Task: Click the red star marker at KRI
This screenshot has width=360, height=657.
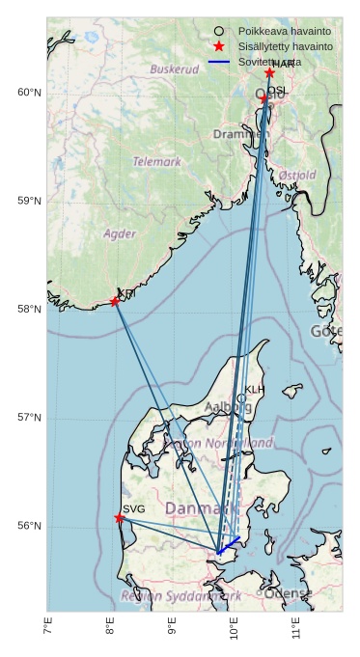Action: click(x=115, y=302)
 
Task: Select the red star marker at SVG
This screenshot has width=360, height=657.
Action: click(x=120, y=518)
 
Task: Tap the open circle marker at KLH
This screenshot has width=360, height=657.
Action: click(x=241, y=398)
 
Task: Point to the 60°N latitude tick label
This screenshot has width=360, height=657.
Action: click(x=30, y=93)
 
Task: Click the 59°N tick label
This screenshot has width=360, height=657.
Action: click(x=30, y=201)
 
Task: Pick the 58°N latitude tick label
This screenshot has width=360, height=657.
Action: click(x=30, y=310)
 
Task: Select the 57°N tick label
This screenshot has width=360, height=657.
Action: click(x=30, y=418)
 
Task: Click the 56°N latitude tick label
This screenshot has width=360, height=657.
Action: click(x=30, y=526)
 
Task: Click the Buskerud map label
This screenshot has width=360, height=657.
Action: click(x=174, y=69)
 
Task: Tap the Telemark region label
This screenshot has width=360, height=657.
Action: click(x=156, y=162)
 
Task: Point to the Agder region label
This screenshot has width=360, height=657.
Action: click(x=120, y=233)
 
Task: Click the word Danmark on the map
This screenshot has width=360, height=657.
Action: click(x=199, y=508)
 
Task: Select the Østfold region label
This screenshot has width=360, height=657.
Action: click(x=296, y=176)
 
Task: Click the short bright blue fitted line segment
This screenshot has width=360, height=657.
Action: click(x=229, y=545)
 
